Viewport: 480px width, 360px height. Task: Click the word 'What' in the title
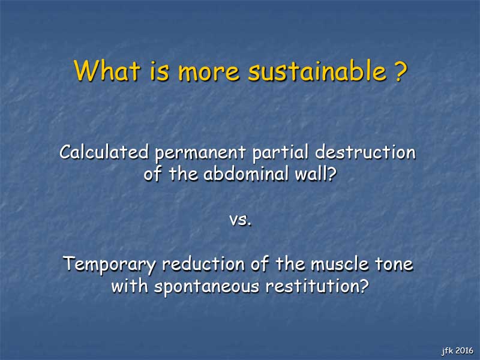point(107,70)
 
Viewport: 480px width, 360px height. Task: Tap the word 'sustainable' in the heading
point(317,70)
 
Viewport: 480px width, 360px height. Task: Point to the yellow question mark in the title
point(400,70)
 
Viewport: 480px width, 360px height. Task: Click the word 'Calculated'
point(104,152)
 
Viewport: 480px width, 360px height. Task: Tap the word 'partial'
point(280,152)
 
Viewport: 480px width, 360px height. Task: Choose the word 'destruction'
point(365,152)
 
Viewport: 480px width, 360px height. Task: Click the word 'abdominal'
point(246,173)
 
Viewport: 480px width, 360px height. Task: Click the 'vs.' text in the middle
point(241,220)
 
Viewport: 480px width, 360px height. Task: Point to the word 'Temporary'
point(109,265)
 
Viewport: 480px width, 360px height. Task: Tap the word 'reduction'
point(203,263)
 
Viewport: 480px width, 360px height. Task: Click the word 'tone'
point(394,265)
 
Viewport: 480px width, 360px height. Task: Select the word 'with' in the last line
point(130,286)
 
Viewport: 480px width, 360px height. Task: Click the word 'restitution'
point(314,286)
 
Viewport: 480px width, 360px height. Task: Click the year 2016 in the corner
point(464,350)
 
